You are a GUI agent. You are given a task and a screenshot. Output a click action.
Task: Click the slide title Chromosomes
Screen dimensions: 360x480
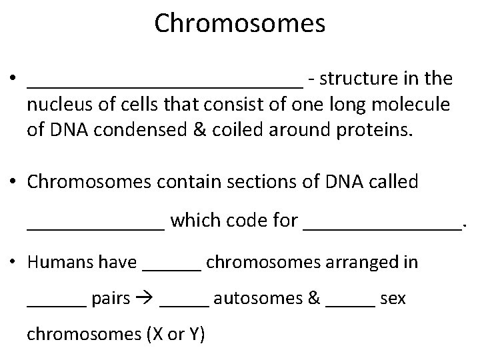pos(239,23)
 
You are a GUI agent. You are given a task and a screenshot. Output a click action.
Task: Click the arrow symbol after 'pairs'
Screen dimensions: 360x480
pos(145,298)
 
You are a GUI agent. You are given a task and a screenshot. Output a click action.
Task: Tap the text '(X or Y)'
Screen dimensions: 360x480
pos(175,334)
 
